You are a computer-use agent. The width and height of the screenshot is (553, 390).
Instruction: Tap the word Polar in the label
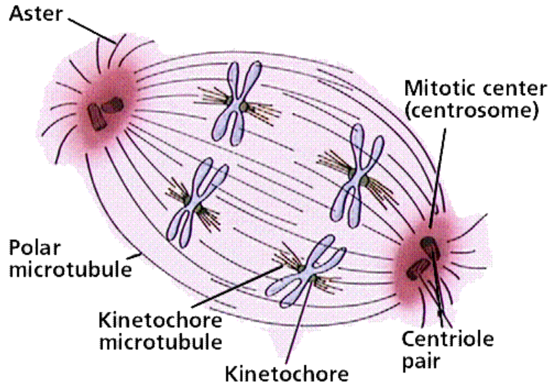34,248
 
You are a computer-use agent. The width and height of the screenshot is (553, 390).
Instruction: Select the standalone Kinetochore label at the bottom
287,374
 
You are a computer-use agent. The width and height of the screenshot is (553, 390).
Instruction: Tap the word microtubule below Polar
70,269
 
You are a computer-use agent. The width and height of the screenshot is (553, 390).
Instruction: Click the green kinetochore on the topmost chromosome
243,106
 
